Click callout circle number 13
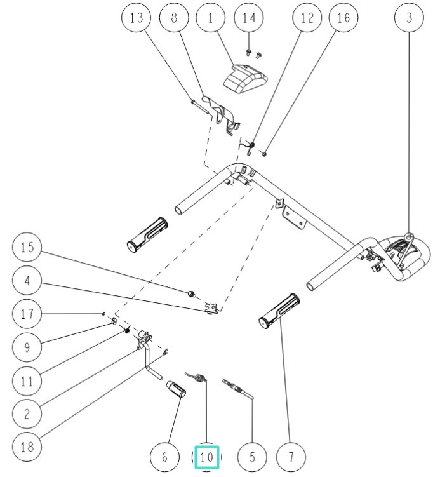[x=136, y=18]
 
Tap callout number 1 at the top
[x=210, y=18]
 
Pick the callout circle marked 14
[x=249, y=18]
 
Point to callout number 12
[x=307, y=18]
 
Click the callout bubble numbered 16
[x=343, y=18]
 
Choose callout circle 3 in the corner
[x=408, y=18]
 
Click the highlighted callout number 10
[x=206, y=457]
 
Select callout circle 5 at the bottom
[x=251, y=457]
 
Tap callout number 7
[x=291, y=457]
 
